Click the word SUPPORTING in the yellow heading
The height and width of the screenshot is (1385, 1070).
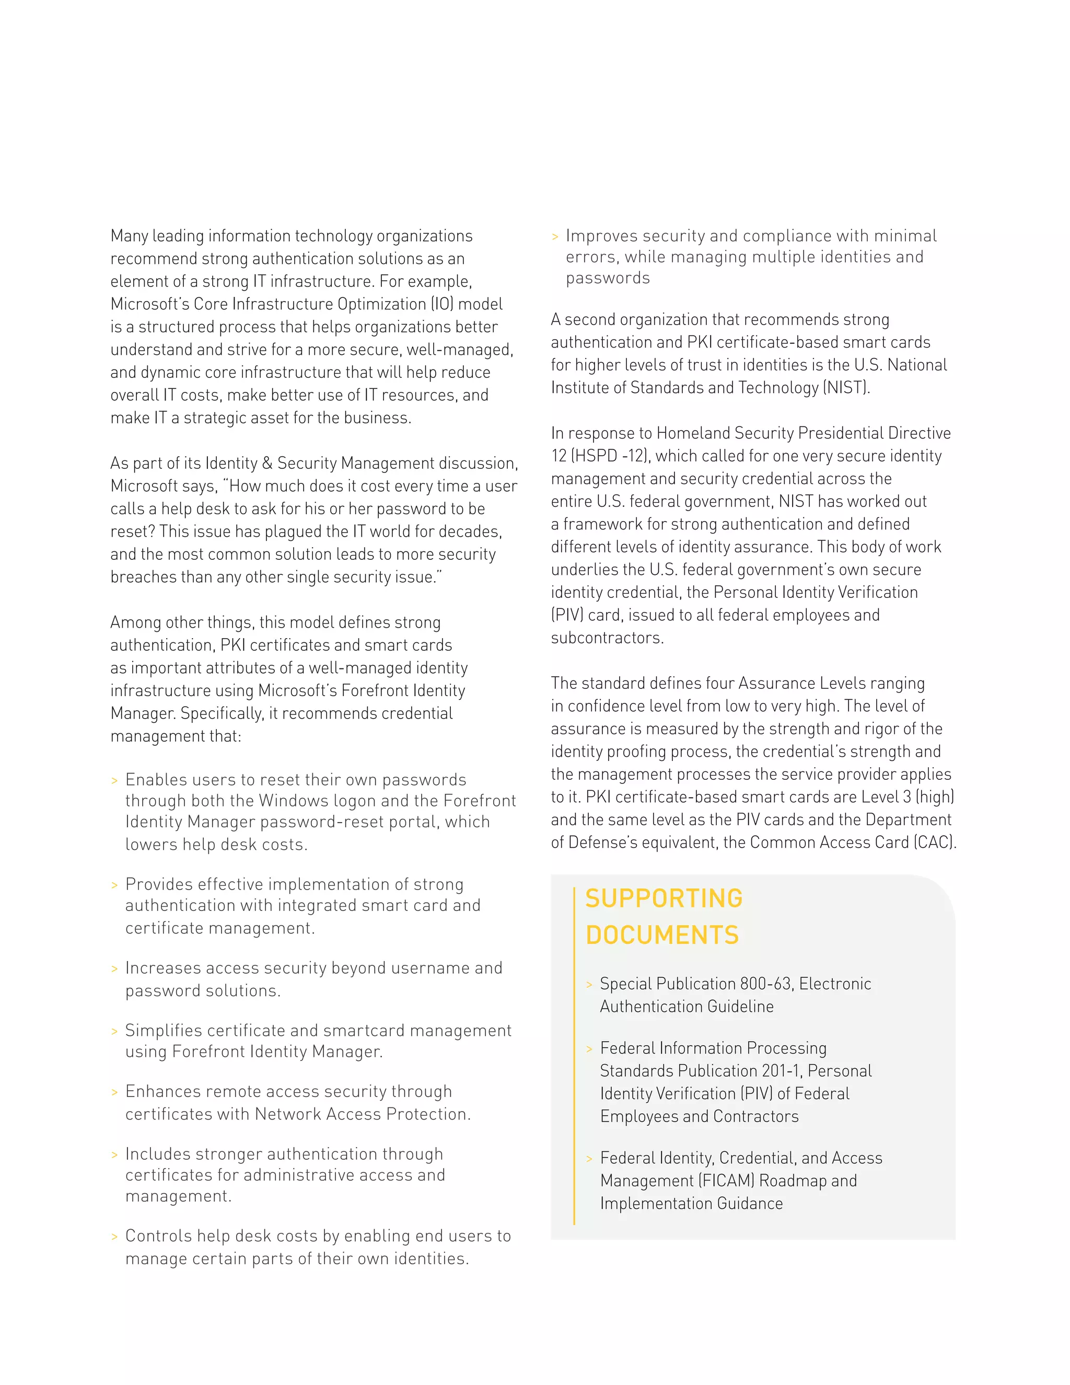(663, 898)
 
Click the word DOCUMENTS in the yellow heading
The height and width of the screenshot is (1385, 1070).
(662, 936)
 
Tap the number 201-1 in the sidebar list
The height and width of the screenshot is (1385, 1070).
(781, 1070)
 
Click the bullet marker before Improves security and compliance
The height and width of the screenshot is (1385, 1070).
(555, 237)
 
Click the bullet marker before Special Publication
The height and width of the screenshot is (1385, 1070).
(589, 985)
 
